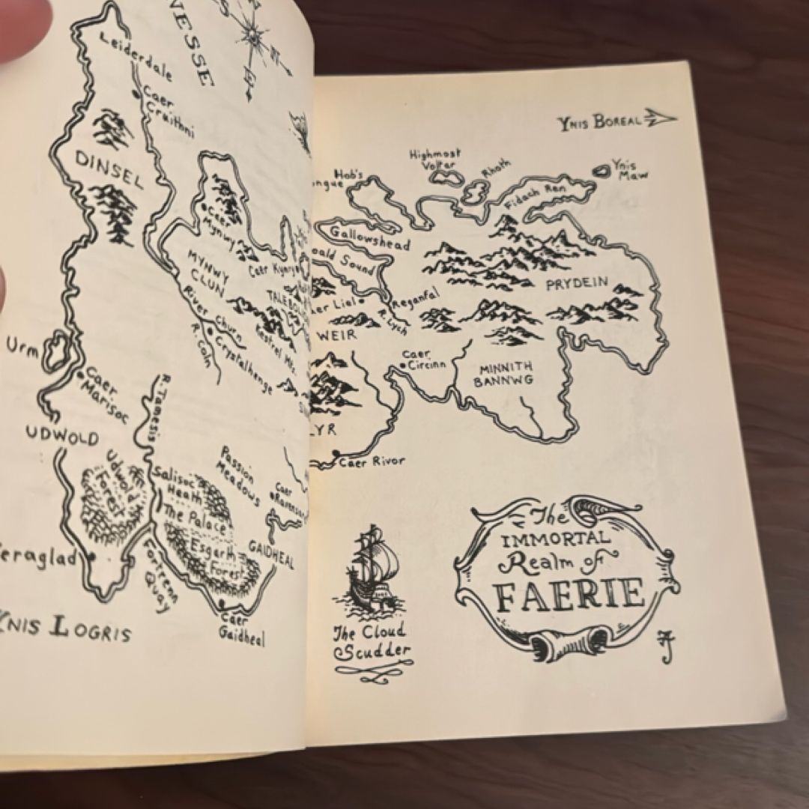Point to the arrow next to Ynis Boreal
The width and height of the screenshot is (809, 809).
(x=661, y=118)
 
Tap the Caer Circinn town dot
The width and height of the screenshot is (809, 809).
(x=404, y=365)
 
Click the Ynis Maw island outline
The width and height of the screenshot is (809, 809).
(x=602, y=171)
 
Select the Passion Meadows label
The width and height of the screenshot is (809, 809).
(x=237, y=476)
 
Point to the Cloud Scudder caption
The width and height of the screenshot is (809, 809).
(x=372, y=643)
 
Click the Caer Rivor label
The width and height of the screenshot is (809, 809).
(x=372, y=461)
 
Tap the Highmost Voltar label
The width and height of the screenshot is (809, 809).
(x=435, y=158)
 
